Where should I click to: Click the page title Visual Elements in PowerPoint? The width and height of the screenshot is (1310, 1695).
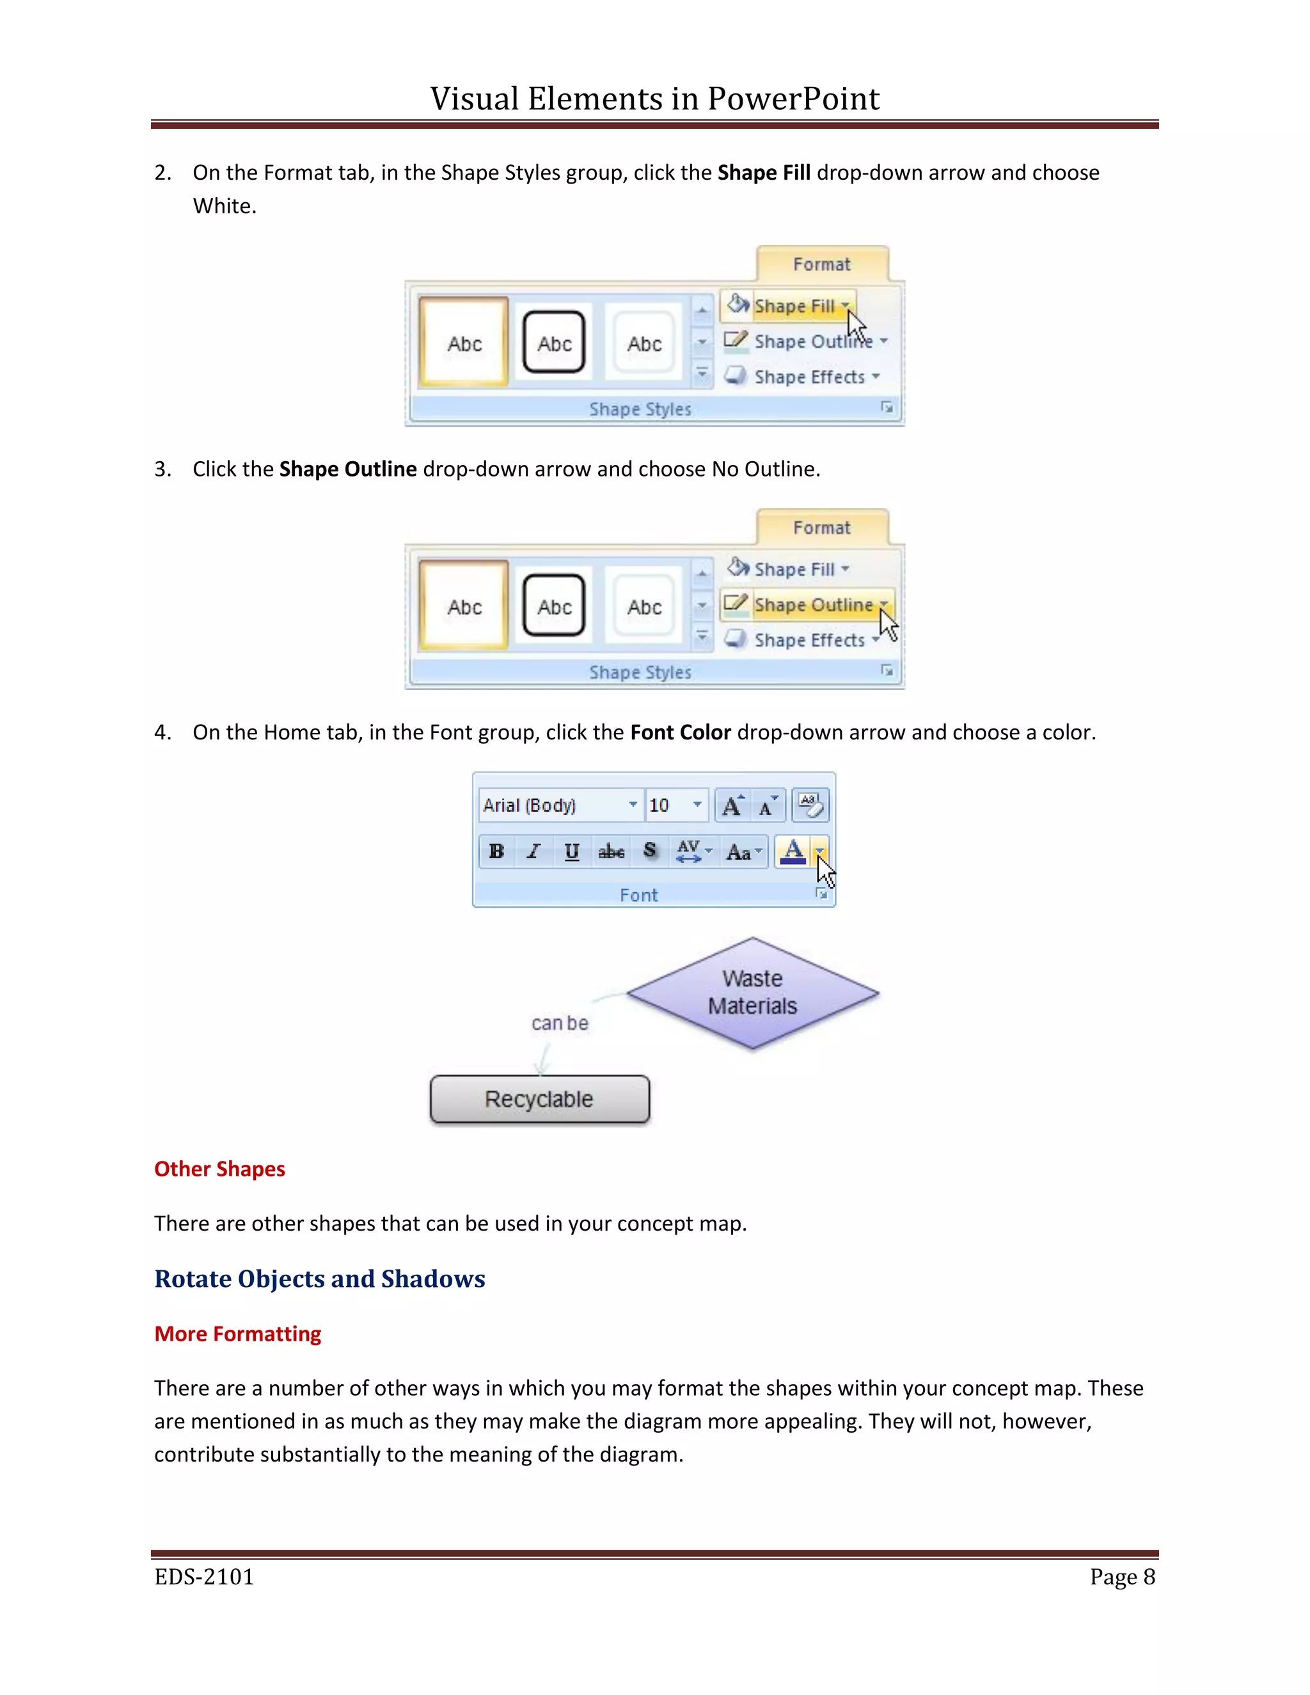click(x=654, y=99)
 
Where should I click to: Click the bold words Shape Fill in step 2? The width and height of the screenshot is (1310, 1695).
click(x=764, y=172)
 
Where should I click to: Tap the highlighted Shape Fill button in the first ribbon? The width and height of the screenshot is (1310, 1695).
click(x=793, y=306)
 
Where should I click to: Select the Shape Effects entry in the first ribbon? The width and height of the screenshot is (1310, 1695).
click(x=809, y=377)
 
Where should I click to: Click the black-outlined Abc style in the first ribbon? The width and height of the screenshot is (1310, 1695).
click(x=554, y=343)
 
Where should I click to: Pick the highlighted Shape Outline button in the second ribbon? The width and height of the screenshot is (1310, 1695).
click(x=812, y=604)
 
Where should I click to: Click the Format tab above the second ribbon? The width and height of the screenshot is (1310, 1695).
click(x=821, y=528)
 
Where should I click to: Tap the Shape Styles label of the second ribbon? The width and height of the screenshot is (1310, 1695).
click(x=640, y=672)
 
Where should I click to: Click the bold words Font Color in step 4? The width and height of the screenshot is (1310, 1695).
click(x=680, y=732)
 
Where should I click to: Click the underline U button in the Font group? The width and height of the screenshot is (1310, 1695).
click(x=572, y=851)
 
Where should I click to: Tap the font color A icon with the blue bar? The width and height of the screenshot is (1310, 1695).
click(x=793, y=851)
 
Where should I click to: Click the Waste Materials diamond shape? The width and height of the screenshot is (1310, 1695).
click(x=752, y=993)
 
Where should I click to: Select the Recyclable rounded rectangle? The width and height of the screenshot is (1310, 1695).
click(x=539, y=1099)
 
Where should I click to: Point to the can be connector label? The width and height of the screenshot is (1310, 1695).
click(x=560, y=1023)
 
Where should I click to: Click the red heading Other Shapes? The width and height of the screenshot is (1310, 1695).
click(x=219, y=1169)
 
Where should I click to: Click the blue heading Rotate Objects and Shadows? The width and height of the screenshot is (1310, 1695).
click(x=320, y=1278)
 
